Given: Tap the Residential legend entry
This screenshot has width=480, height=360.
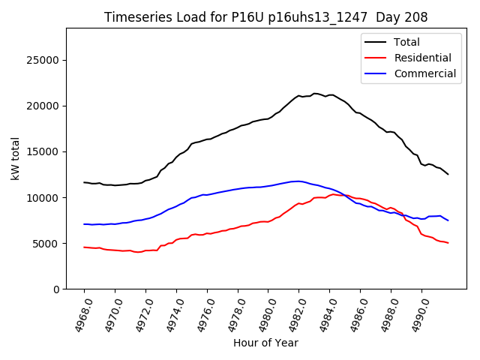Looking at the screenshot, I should [x=422, y=58].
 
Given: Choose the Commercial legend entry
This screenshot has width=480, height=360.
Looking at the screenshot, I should [x=424, y=73].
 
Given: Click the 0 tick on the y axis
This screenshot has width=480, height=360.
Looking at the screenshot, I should [x=55, y=289].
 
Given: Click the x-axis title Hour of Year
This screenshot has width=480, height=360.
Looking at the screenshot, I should [x=265, y=343].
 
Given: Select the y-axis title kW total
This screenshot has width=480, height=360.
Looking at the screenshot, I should [x=15, y=158].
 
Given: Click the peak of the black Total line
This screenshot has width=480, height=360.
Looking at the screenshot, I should [x=315, y=94].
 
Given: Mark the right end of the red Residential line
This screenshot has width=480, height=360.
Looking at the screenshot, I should [x=448, y=243].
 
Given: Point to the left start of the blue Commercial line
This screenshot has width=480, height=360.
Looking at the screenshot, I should [x=84, y=224].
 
